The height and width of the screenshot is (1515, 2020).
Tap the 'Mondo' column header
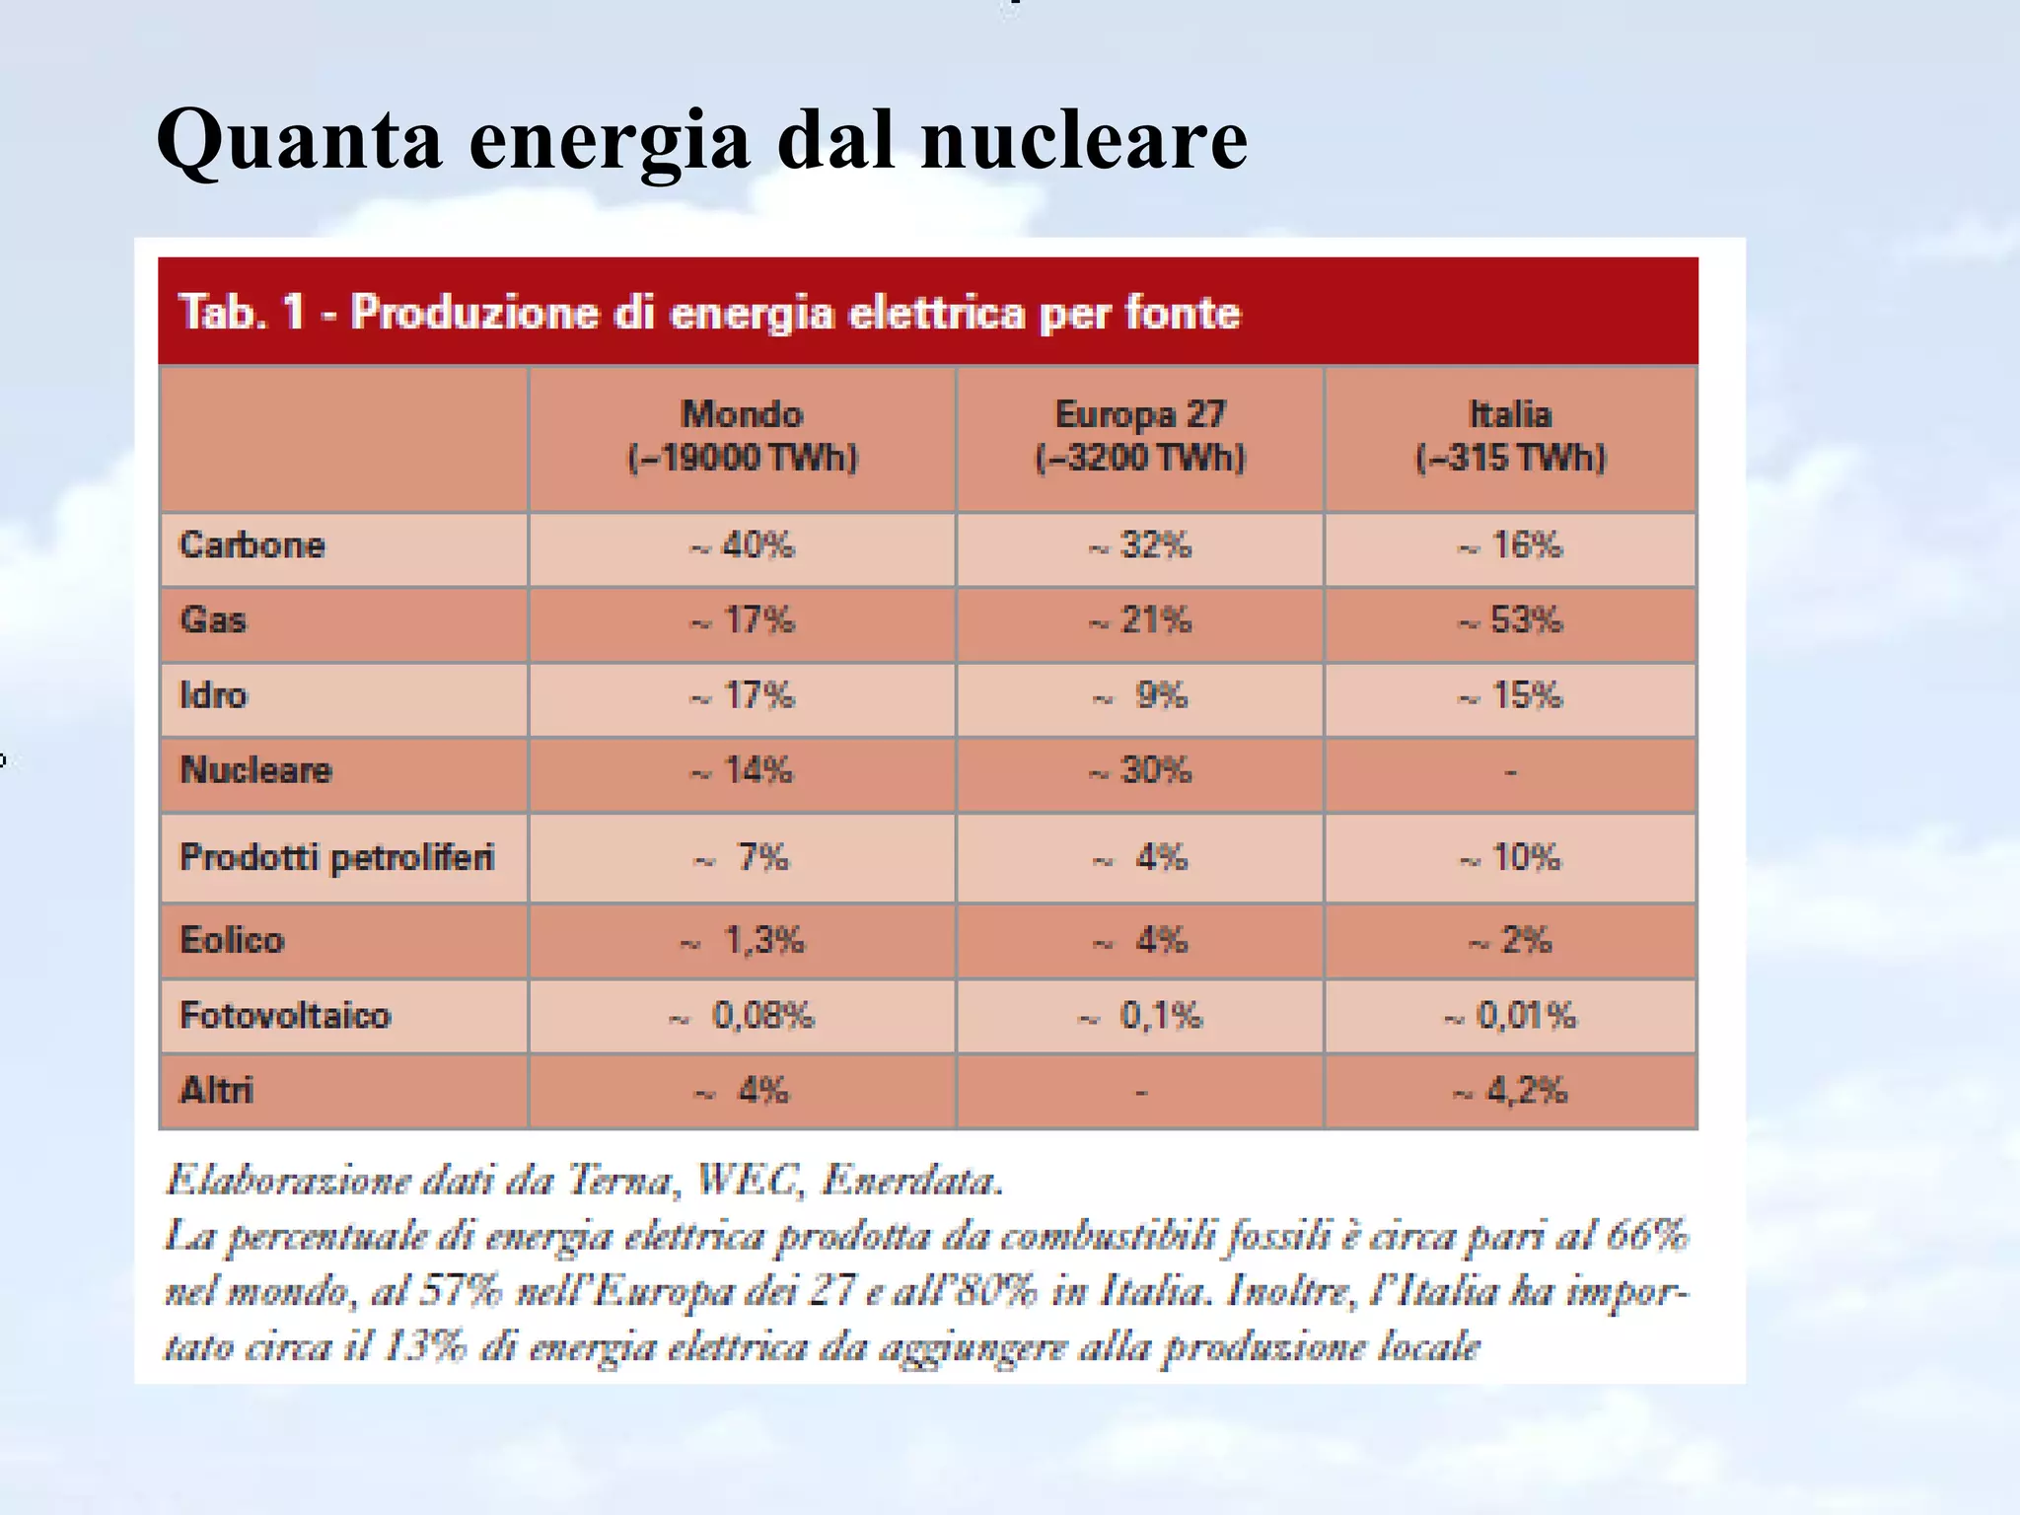[x=743, y=415]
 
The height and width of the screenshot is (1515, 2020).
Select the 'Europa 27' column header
[x=1140, y=415]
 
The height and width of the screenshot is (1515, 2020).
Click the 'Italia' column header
[x=1510, y=415]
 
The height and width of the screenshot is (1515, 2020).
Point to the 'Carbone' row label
[x=252, y=545]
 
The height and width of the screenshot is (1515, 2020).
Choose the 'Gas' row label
[x=213, y=620]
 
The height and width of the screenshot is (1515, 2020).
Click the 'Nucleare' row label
[x=256, y=770]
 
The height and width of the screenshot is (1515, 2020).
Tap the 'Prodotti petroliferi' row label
[x=336, y=857]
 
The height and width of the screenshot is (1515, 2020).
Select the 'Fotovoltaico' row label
[x=285, y=1015]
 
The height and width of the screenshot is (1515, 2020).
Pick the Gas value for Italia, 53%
[x=1512, y=620]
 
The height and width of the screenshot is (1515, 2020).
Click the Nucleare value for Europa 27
[x=1141, y=770]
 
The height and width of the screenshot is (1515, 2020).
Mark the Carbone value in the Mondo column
[x=743, y=545]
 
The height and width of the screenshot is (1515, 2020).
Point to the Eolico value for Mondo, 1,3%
[x=744, y=941]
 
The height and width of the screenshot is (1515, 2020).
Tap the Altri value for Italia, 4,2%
[x=1511, y=1091]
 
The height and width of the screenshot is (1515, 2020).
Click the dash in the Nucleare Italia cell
[x=1510, y=772]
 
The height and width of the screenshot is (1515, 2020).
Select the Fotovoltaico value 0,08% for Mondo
[x=744, y=1016]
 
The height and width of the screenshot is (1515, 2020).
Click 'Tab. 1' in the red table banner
[x=238, y=313]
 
